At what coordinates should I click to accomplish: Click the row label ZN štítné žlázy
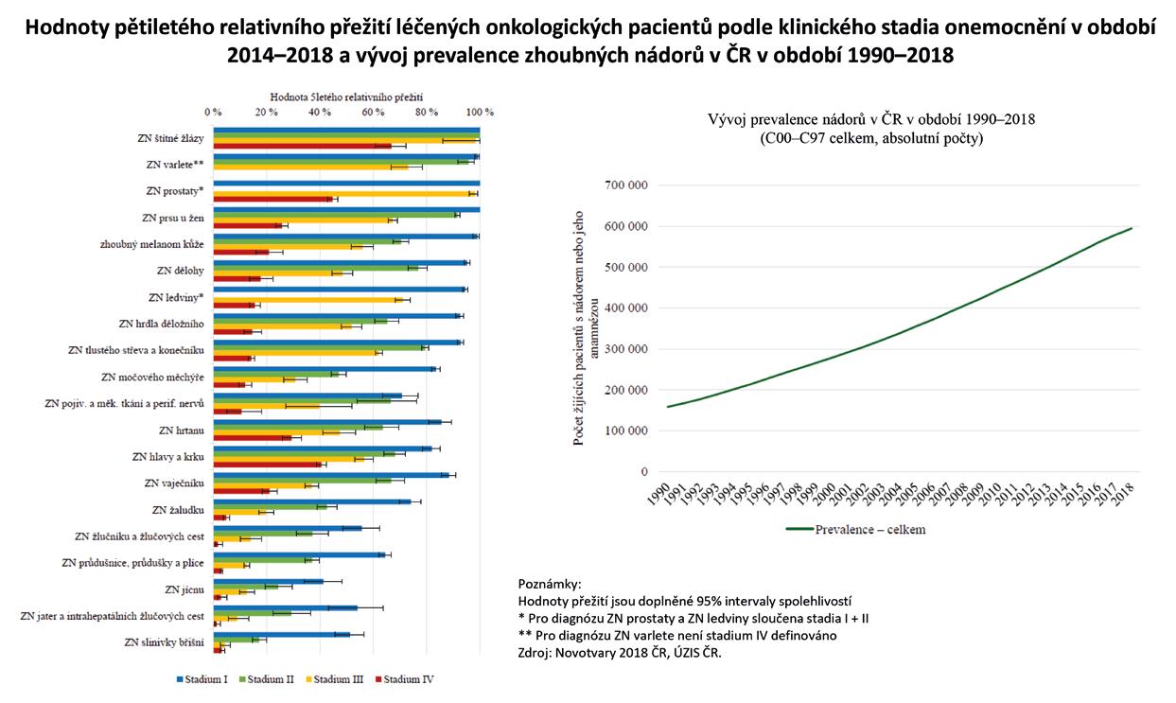(x=171, y=138)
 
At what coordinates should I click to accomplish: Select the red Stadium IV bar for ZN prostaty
(x=272, y=199)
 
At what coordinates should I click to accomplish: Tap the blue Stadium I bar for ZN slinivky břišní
(x=282, y=634)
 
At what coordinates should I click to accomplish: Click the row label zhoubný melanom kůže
(x=152, y=244)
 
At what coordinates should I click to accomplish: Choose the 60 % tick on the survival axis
(x=374, y=112)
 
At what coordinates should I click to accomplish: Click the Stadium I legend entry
(x=203, y=678)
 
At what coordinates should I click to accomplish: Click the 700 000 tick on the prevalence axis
(x=622, y=185)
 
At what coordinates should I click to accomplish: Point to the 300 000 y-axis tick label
(x=622, y=349)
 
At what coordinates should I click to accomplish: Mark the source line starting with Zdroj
(x=620, y=652)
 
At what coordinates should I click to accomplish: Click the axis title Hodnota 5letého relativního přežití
(x=346, y=97)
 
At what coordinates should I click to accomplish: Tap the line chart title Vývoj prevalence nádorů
(x=870, y=120)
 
